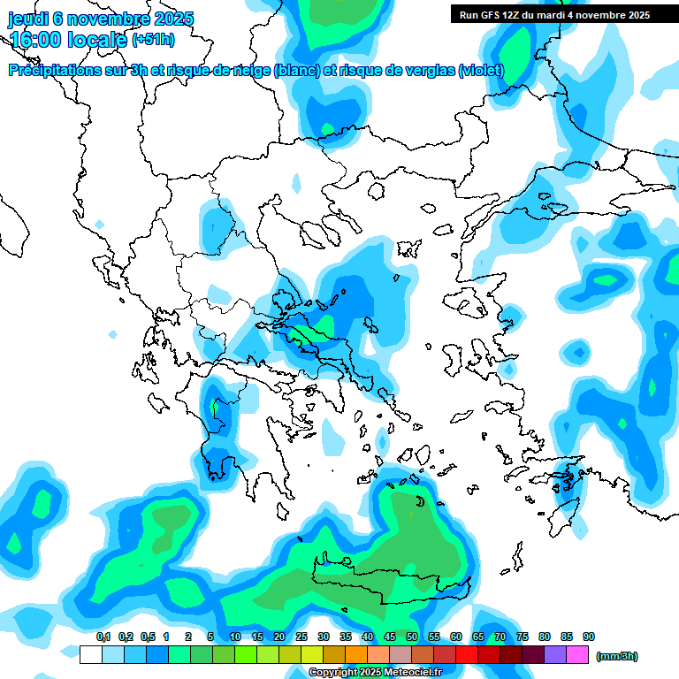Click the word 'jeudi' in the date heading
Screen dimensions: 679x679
tap(27, 19)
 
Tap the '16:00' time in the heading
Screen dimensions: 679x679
tap(34, 40)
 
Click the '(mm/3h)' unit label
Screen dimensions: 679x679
tap(616, 656)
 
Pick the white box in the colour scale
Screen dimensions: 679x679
tap(90, 655)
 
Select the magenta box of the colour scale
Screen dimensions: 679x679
tap(578, 655)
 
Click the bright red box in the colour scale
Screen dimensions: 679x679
tap(467, 655)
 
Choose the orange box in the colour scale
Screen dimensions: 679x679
tap(356, 655)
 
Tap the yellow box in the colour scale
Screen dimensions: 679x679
tap(311, 655)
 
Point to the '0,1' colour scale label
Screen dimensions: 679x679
tap(103, 637)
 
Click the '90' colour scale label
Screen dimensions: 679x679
tap(589, 637)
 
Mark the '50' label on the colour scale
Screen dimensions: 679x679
tap(412, 637)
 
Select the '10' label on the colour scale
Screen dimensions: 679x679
tap(235, 637)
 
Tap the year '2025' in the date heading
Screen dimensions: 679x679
tap(172, 19)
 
